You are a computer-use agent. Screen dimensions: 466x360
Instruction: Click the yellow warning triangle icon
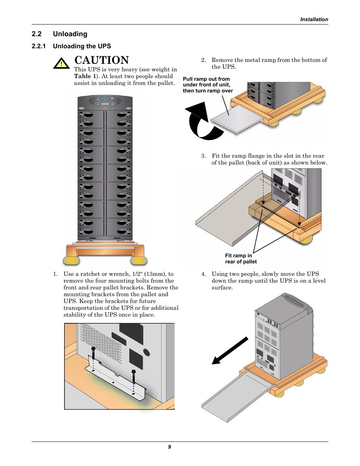pos(61,63)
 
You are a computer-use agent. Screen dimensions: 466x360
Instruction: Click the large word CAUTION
pos(102,60)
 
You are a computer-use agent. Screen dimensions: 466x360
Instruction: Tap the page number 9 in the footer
pos(169,447)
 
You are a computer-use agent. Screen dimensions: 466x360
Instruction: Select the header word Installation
pos(314,20)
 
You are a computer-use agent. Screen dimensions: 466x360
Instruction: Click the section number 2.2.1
pos(38,46)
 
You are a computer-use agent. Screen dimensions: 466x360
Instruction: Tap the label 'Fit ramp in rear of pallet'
pos(240,258)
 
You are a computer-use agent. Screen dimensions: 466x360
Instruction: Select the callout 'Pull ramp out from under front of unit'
pos(208,85)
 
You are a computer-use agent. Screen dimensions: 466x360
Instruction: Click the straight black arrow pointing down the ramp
pos(230,351)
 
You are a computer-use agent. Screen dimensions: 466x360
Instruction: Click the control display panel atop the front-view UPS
pos(105,101)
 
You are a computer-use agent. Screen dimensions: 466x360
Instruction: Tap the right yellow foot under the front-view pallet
pos(138,260)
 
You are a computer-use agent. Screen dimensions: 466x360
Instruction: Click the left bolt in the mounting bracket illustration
pos(93,354)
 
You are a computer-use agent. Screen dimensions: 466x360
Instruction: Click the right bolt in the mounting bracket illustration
pos(134,376)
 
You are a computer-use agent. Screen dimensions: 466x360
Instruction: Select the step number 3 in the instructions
pos(203,156)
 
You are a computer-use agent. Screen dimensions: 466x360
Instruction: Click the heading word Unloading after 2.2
pos(70,34)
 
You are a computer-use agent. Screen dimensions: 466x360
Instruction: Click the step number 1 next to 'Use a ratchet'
pos(55,274)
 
